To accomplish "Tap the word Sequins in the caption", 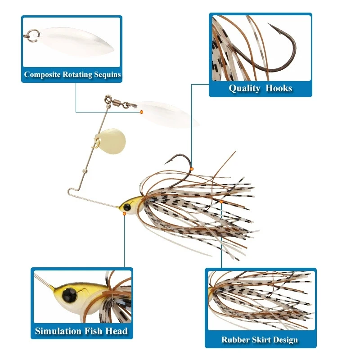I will (108, 75).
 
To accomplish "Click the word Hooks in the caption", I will (279, 88).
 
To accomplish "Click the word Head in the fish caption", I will (117, 332).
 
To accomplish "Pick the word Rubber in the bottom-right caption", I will (235, 340).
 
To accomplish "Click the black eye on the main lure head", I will (127, 207).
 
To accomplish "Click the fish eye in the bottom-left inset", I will (69, 295).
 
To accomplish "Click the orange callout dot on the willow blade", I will (141, 112).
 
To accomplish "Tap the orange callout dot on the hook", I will (192, 169).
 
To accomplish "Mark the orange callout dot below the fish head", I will (124, 214).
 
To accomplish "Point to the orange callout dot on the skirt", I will (221, 202).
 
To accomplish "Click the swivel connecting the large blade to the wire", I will (120, 102).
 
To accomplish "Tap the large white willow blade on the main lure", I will (166, 115).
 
